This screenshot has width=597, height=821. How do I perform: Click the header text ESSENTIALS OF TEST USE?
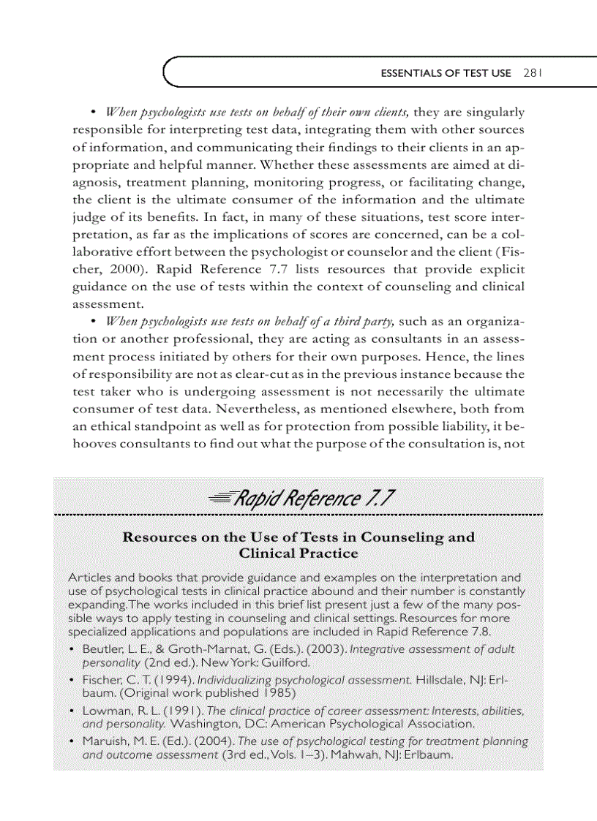tap(449, 74)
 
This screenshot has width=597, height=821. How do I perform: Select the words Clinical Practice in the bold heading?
tap(298, 553)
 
